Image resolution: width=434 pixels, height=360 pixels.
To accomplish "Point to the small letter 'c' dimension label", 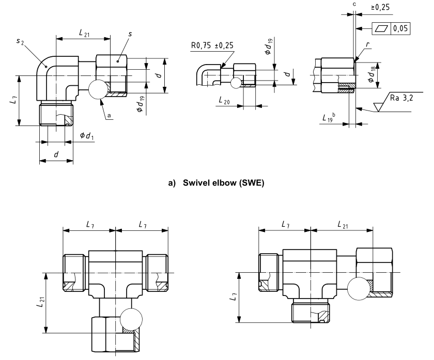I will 354,4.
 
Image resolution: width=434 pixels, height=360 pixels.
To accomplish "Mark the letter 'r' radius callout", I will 367,45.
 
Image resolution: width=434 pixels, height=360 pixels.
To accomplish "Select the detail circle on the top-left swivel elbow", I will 99,90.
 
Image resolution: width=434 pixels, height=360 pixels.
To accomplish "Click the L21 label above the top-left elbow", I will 83,33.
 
